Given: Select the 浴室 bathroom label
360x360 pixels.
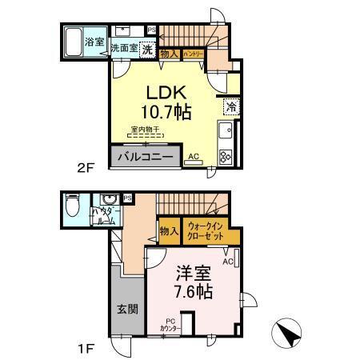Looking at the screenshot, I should [94, 41].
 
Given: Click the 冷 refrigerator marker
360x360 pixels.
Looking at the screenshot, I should [230, 105].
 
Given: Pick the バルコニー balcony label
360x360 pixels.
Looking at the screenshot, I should [144, 156].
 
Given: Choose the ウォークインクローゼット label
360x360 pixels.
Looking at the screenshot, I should [210, 233].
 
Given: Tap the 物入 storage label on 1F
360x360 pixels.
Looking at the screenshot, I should [168, 232].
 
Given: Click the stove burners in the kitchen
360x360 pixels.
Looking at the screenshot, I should [226, 156].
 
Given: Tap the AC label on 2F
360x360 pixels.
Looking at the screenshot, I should [193, 157].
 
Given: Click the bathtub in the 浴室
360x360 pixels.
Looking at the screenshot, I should [74, 42].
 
